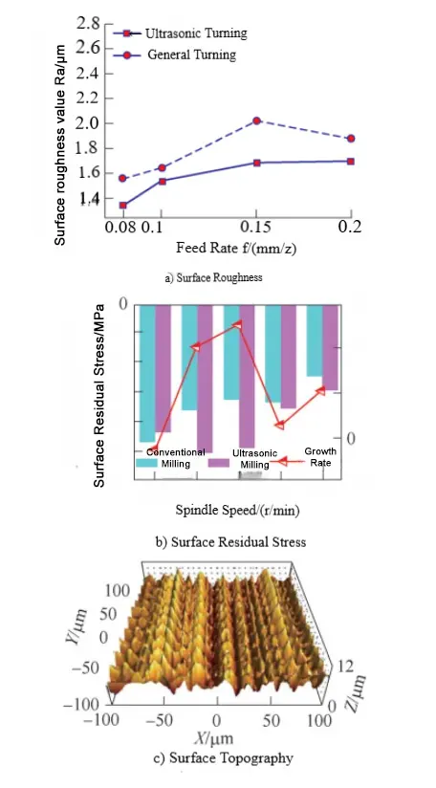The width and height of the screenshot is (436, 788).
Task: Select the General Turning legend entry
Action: coord(190,55)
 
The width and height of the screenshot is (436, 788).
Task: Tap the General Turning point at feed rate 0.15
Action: coord(256,121)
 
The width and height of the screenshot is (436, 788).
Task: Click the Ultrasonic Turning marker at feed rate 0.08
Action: coord(122,205)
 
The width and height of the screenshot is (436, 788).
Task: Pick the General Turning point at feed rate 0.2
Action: coord(351,139)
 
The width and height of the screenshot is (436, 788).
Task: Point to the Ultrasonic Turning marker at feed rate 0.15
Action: coord(256,163)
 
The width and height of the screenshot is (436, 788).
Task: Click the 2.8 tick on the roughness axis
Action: coord(87,22)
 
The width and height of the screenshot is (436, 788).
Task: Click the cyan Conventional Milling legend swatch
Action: coord(146,463)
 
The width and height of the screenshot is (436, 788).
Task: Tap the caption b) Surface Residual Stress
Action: coord(230,541)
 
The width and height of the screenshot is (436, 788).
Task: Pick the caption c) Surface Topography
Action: coord(225,759)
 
